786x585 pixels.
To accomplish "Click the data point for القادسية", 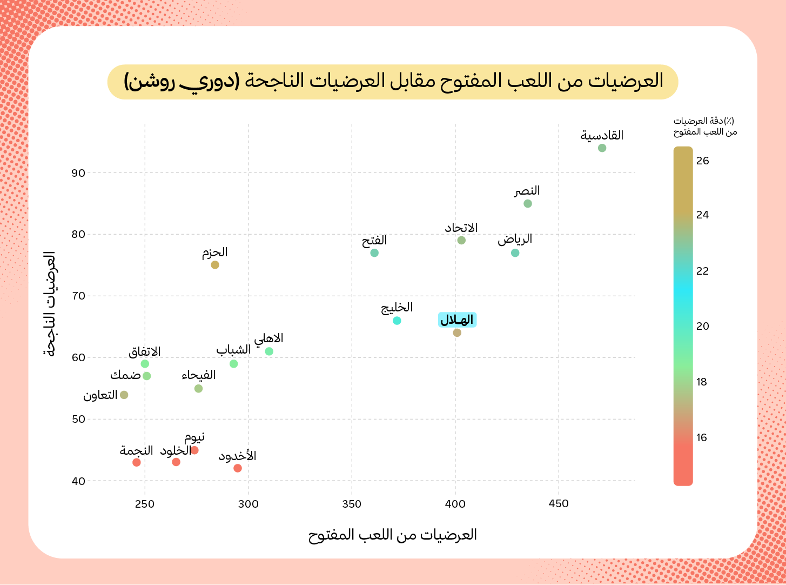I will [x=602, y=148].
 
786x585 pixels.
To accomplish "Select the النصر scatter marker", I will [x=528, y=204].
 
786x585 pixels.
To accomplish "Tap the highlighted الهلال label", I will [x=457, y=320].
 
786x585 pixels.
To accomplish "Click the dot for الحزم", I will [x=215, y=265].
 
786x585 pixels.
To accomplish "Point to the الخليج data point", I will [x=397, y=321].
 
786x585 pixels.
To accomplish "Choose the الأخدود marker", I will [x=238, y=468].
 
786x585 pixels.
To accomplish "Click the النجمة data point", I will [x=137, y=462].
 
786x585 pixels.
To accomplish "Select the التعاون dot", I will [x=124, y=395].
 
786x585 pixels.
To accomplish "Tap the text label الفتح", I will [x=374, y=241].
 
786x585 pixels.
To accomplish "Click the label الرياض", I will [x=515, y=239].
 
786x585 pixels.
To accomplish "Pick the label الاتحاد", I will [x=461, y=228].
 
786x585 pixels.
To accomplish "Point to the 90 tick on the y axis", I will [x=78, y=173].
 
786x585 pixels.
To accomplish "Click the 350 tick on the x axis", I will [x=352, y=504].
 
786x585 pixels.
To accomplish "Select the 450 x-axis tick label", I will [x=559, y=504].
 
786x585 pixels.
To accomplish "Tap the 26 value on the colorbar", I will [x=702, y=161].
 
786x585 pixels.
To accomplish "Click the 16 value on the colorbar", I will [x=702, y=438].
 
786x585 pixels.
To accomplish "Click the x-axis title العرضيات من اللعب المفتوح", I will [x=393, y=535].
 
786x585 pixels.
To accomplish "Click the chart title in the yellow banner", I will [x=393, y=82].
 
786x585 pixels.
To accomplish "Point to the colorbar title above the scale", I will [x=705, y=127].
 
